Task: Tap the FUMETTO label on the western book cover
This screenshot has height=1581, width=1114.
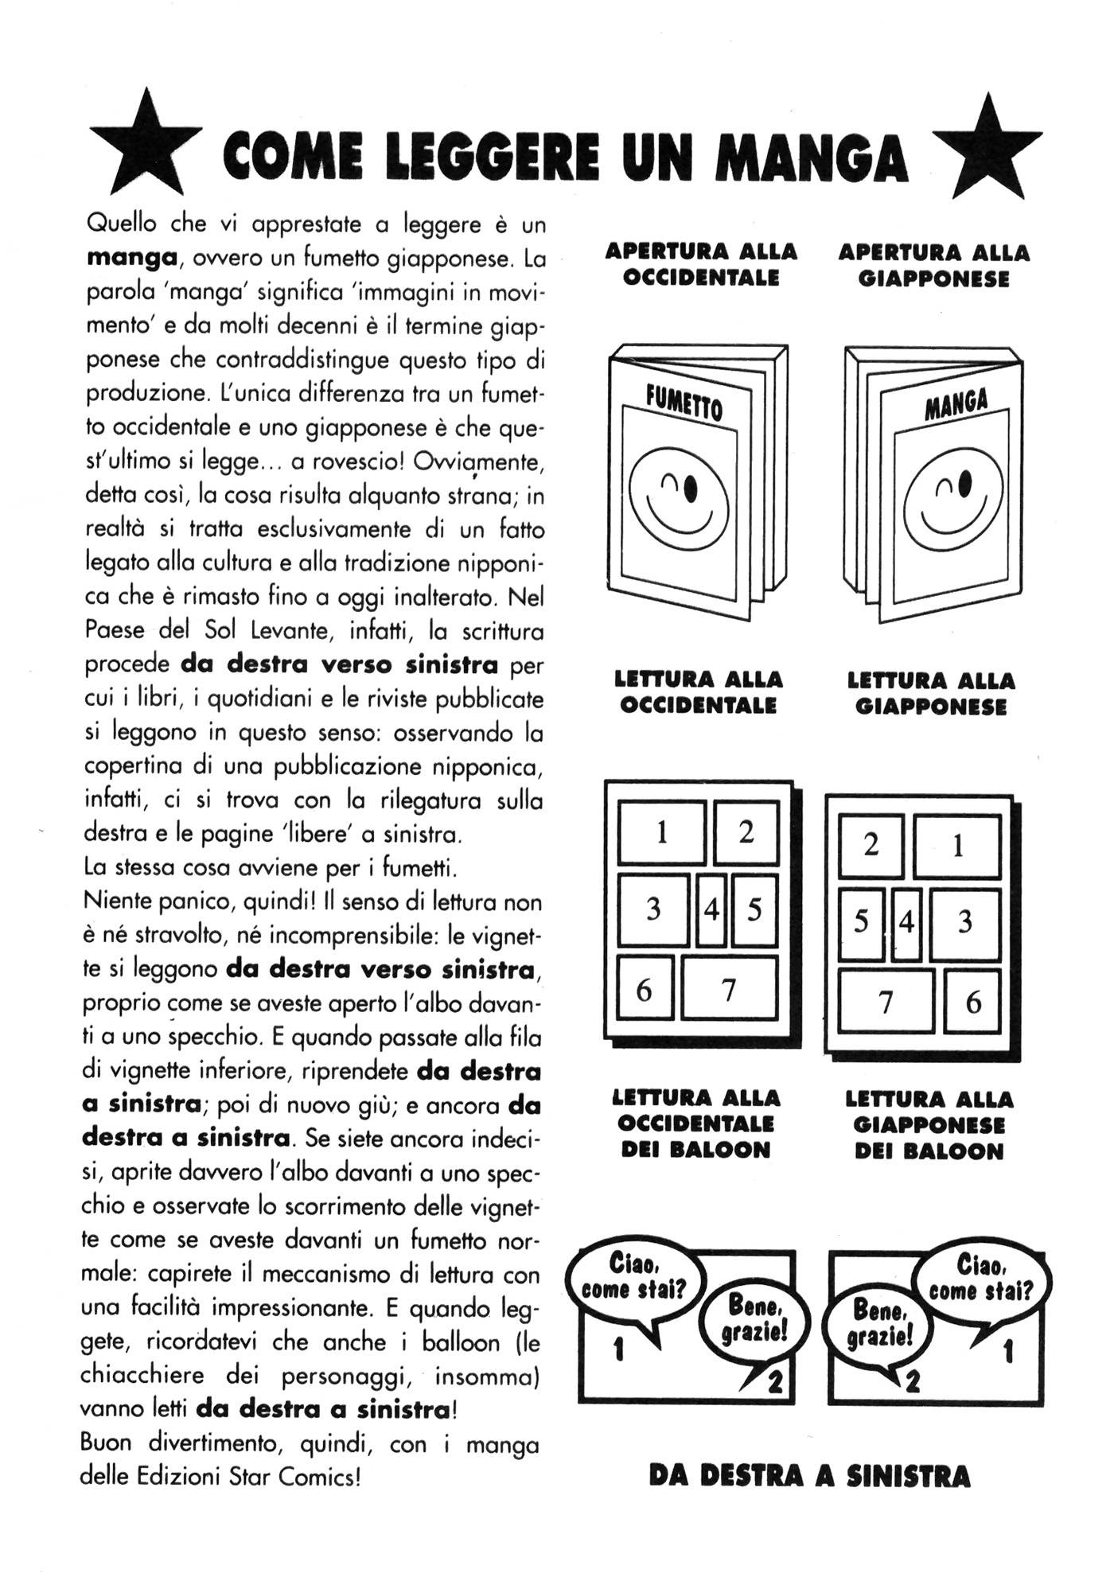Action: click(684, 402)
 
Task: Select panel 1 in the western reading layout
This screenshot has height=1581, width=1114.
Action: click(662, 833)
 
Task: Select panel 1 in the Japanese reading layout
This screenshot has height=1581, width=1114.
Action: click(957, 846)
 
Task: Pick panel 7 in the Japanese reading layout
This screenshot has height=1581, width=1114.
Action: click(886, 1002)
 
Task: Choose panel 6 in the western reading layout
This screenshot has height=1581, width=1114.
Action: click(645, 990)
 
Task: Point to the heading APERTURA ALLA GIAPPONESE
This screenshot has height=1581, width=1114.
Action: click(933, 266)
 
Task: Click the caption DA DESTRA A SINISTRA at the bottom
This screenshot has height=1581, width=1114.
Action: click(809, 1476)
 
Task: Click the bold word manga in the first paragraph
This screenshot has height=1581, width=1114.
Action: click(131, 258)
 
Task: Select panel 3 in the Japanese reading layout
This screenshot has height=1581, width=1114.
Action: click(964, 923)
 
